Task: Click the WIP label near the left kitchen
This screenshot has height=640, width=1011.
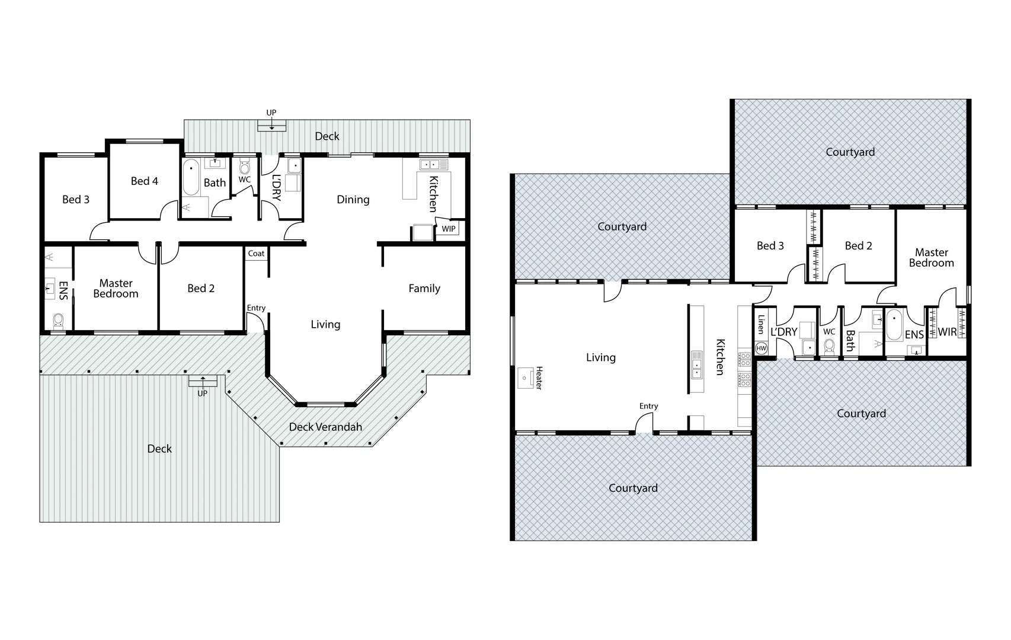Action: point(449,229)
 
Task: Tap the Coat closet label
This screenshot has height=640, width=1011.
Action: point(256,254)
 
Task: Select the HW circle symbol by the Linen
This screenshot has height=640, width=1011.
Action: point(762,348)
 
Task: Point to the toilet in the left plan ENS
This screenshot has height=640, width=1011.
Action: point(58,321)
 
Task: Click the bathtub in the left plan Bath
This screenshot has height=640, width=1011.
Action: point(191,176)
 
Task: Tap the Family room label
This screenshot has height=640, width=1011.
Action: point(424,289)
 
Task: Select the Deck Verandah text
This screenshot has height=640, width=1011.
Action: point(325,427)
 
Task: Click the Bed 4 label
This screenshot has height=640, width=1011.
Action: point(145,181)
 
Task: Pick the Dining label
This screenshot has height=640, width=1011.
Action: point(353,200)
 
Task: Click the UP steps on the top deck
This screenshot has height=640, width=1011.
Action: point(272,125)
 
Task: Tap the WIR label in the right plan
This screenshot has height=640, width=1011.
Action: point(947,332)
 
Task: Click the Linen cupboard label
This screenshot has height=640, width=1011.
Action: point(761,324)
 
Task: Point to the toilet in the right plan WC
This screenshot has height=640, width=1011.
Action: point(829,345)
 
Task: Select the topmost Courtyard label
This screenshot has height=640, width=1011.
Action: point(850,152)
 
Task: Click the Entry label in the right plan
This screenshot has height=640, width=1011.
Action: point(648,406)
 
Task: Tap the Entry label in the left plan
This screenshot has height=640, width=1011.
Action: point(256,308)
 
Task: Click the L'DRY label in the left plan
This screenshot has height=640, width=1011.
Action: point(276,187)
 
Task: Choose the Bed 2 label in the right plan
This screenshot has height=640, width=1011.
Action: point(858,246)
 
